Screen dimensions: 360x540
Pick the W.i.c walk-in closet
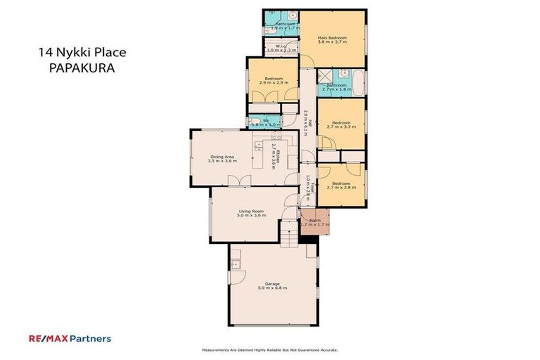click(x=280, y=47)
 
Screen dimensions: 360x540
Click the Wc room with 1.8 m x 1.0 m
click(x=265, y=121)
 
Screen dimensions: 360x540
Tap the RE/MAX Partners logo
click(x=70, y=338)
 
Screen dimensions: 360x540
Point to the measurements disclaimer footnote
click(x=270, y=349)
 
